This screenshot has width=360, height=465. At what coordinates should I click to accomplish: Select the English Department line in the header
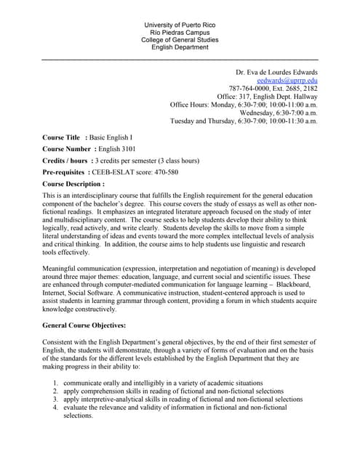click(180, 47)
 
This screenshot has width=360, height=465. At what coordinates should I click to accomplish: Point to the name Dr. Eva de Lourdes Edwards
click(276, 72)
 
